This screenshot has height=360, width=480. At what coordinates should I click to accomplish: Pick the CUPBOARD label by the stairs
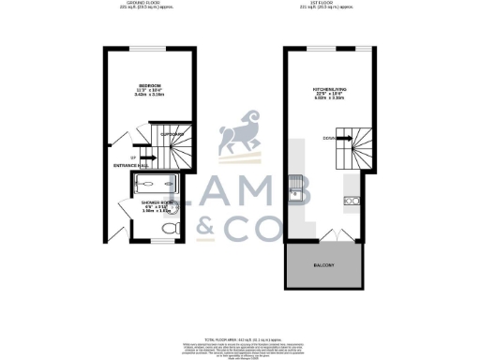point(172,134)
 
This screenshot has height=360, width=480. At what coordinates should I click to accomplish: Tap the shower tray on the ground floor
point(156,184)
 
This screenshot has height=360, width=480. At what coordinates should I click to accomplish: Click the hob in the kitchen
point(353,201)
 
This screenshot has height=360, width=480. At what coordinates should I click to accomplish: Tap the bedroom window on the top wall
point(149,48)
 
